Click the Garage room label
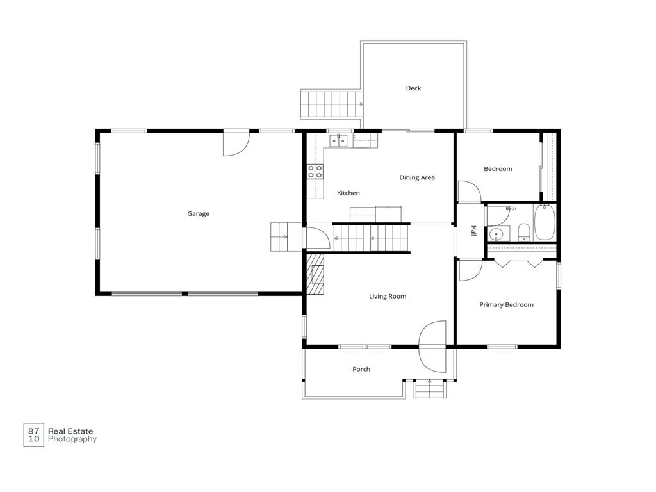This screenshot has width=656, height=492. tap(199, 214)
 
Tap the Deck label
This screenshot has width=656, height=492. tap(413, 88)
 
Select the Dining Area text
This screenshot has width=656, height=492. tap(417, 177)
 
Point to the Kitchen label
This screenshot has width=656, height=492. tap(348, 193)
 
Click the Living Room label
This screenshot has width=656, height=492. tap(388, 296)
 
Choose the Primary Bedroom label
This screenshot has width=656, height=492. tap(506, 304)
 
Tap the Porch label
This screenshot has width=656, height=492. tap(361, 369)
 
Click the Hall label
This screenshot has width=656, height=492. tap(473, 231)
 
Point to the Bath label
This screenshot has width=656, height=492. tap(511, 208)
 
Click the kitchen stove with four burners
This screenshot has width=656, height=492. tap(315, 172)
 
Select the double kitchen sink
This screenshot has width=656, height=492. tap(338, 141)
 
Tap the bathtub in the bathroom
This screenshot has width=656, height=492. tap(545, 222)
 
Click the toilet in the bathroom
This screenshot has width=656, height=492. tap(524, 233)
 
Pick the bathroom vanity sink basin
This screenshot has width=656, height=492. tap(496, 234)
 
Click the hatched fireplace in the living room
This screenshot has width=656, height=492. tap(315, 274)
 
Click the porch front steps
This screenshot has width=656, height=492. tap(430, 389)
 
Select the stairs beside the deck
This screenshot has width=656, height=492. tap(331, 104)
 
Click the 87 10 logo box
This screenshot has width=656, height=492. tap(33, 435)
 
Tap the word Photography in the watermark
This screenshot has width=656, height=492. tap(72, 439)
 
